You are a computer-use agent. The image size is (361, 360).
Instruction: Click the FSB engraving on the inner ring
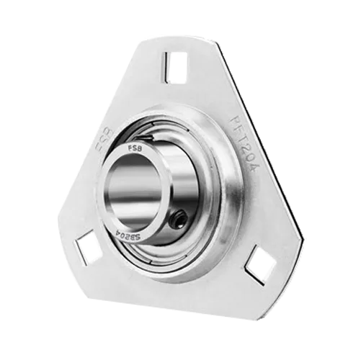(x=134, y=149)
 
